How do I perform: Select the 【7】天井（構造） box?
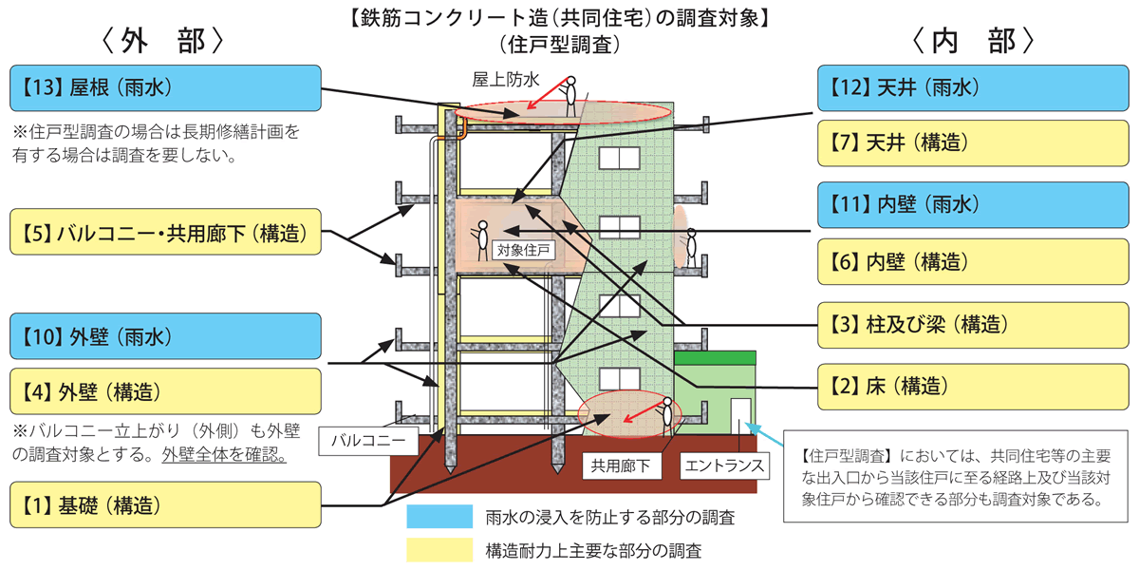point(974,143)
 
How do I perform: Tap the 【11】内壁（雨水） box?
point(974,203)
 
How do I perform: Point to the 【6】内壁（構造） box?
point(974,261)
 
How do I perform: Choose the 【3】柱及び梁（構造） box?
point(974,325)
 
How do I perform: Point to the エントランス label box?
point(725,466)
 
